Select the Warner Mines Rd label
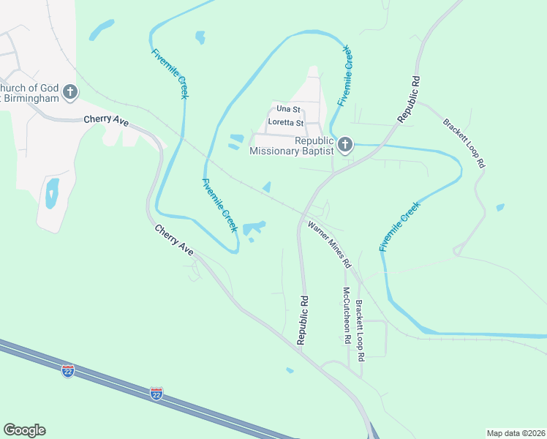(330, 244)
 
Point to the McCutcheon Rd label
(346, 315)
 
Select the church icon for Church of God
(69, 91)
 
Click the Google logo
(24, 430)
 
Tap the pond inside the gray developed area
(52, 193)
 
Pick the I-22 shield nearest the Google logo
(68, 370)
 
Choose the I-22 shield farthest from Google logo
(156, 393)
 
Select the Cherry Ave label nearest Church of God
(106, 120)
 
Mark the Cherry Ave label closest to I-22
(174, 240)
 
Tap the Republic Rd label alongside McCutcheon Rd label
(301, 320)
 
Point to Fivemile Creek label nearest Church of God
(171, 74)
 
